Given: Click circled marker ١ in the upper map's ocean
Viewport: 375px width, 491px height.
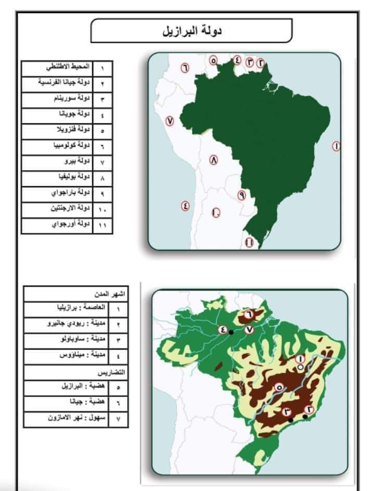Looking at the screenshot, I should pos(336,146).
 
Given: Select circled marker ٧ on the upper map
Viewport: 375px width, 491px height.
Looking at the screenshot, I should pos(169,121).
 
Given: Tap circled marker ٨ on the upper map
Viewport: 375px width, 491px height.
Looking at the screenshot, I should pos(214,160).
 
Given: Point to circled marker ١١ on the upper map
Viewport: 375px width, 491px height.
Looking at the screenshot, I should pos(249,242).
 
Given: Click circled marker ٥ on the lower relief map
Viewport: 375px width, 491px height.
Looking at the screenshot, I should pos(278,387).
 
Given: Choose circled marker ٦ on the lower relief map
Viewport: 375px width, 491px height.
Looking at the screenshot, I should pos(248,314).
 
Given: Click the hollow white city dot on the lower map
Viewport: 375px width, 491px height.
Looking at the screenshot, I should pos(301,368).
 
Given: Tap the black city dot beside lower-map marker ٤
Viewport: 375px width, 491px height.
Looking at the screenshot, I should pos(231,332).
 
